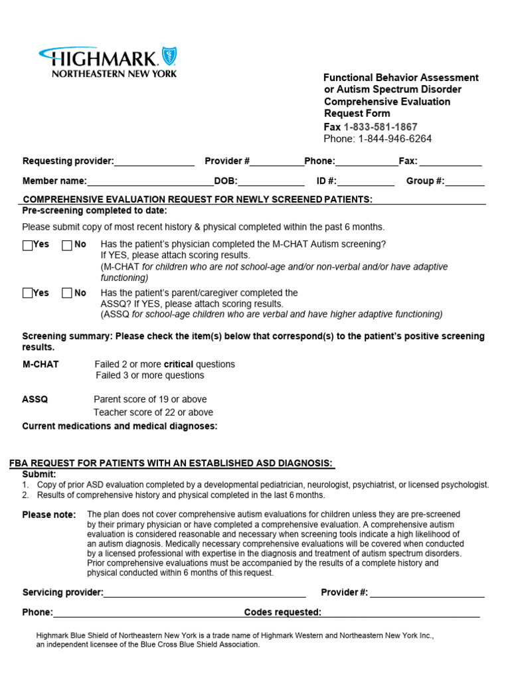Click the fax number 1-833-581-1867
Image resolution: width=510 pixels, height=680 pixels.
tap(381, 127)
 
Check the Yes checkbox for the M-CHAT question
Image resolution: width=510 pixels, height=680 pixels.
tap(27, 245)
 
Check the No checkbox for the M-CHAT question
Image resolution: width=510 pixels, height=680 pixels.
tap(67, 245)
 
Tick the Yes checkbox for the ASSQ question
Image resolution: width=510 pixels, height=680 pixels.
tap(27, 294)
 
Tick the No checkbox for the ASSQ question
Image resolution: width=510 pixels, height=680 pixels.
tap(67, 294)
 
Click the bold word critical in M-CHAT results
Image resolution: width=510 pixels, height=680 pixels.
tap(179, 365)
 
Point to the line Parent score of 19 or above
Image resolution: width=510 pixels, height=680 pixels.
tap(150, 400)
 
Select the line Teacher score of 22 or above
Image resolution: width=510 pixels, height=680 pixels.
tap(153, 412)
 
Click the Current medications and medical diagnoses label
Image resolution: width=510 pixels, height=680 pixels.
tap(120, 426)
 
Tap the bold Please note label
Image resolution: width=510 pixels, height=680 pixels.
tap(49, 515)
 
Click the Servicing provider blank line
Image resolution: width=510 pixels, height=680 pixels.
tap(205, 593)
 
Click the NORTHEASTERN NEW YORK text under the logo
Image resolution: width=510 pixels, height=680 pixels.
tap(114, 74)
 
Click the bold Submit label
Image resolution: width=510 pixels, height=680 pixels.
tap(39, 474)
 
